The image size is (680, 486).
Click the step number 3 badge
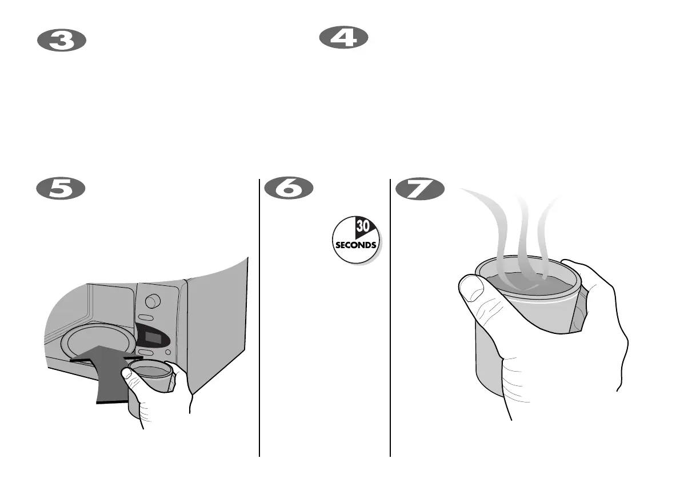pyautogui.click(x=61, y=41)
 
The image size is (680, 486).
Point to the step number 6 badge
pyautogui.click(x=289, y=190)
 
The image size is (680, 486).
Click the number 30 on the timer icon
pyautogui.click(x=363, y=227)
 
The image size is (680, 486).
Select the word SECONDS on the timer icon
pyautogui.click(x=355, y=245)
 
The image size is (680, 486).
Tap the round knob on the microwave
pyautogui.click(x=153, y=301)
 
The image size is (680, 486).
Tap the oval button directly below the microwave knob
pyautogui.click(x=146, y=318)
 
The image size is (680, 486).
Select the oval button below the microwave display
pyautogui.click(x=145, y=353)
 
